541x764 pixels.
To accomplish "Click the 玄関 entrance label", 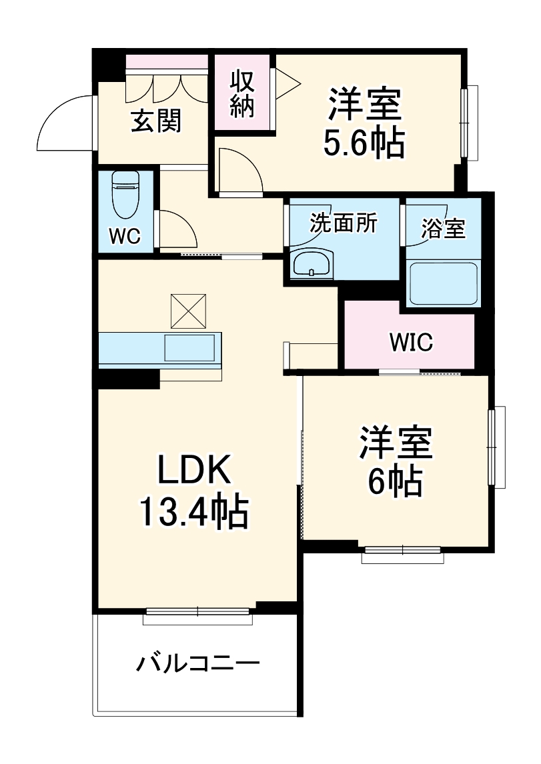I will click(x=155, y=121).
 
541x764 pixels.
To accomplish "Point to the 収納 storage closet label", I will click(x=242, y=94).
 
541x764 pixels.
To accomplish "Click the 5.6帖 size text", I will click(x=364, y=142).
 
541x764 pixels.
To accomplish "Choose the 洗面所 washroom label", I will click(x=343, y=223).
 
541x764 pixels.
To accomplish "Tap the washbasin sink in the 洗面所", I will click(x=311, y=263).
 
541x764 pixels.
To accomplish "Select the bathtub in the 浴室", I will click(x=443, y=283).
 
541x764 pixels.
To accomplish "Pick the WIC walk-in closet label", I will click(x=411, y=343).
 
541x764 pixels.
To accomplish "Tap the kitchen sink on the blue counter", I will click(x=190, y=347).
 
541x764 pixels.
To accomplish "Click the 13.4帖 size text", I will click(x=193, y=512).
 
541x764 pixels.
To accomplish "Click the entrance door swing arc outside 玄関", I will click(x=63, y=123).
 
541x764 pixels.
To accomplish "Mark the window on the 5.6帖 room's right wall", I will click(x=471, y=123).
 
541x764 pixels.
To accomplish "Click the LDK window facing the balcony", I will click(x=198, y=615).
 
